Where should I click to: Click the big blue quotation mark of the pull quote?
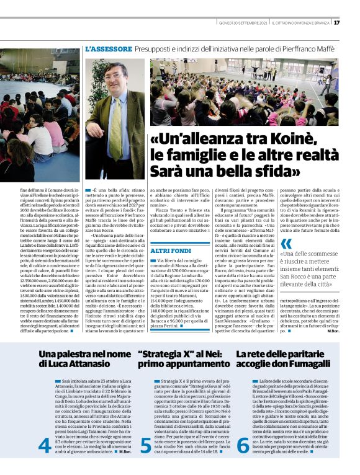click(286, 244)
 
